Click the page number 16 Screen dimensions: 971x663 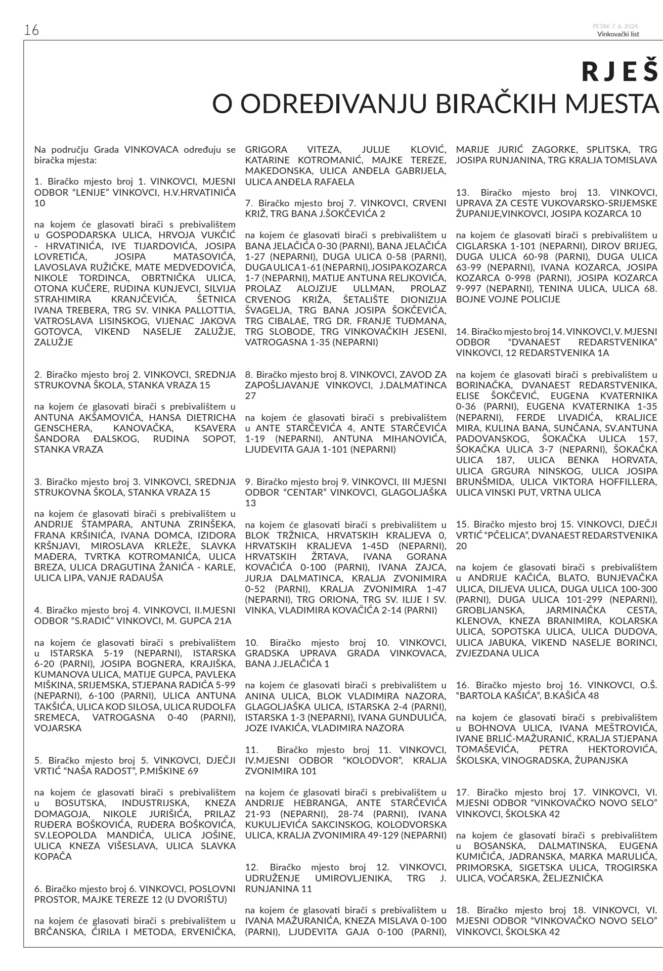click(x=31, y=30)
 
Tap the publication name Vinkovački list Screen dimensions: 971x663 click(x=618, y=34)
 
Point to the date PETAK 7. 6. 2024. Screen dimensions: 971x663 click(x=616, y=26)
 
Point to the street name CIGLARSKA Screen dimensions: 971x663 click(x=478, y=246)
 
